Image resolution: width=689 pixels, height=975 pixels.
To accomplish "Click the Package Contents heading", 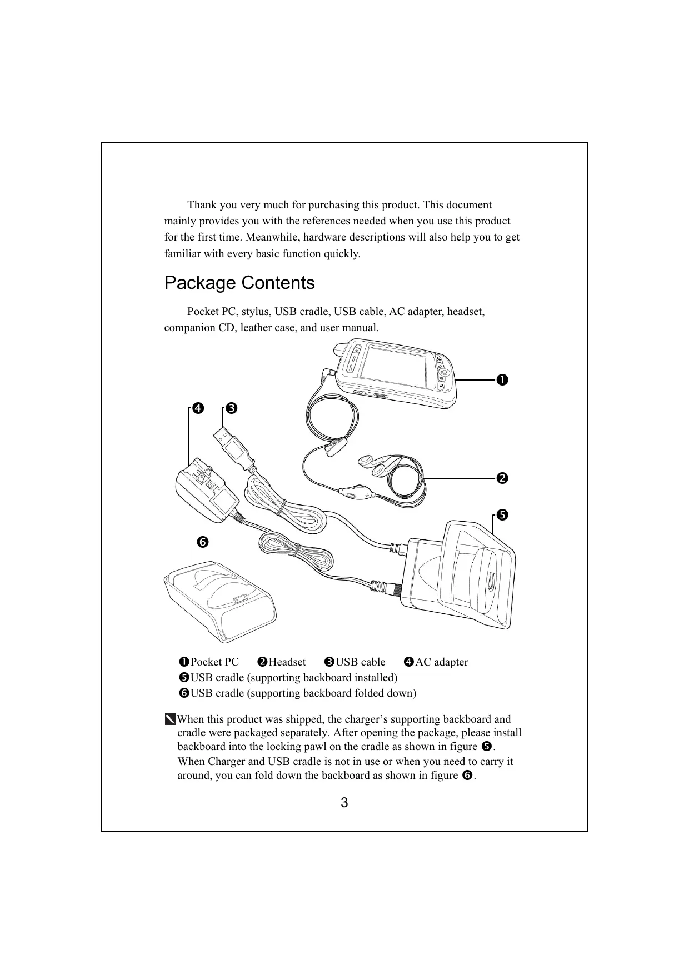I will (x=239, y=283).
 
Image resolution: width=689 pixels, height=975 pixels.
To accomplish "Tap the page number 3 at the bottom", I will (x=344, y=803).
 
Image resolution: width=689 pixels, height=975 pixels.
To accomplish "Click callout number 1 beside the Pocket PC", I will (x=502, y=380).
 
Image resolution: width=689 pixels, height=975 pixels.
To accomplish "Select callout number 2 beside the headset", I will (x=502, y=478).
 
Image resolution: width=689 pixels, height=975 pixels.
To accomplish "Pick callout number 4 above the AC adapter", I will (x=197, y=409).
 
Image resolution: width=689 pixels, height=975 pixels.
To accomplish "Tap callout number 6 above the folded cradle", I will (x=202, y=542).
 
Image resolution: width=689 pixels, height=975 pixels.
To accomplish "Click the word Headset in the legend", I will (x=287, y=662).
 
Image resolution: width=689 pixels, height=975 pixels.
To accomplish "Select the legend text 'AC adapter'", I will (x=442, y=662).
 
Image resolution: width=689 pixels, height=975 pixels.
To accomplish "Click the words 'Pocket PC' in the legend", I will (x=214, y=662).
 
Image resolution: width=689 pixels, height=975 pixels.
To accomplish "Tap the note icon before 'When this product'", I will (x=170, y=720).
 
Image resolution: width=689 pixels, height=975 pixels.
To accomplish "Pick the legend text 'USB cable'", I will (x=360, y=662).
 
